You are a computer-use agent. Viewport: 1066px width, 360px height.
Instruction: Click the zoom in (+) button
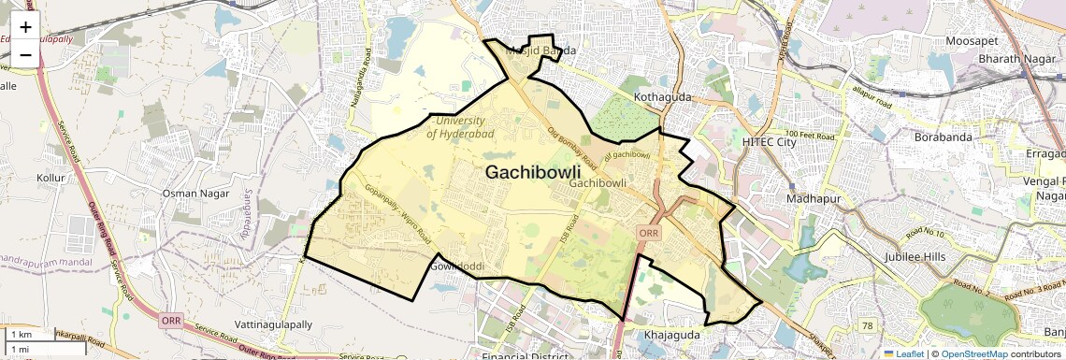click(25, 26)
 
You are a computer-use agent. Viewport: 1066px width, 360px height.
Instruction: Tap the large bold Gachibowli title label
click(533, 173)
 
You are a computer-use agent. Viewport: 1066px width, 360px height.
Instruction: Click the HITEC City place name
click(768, 141)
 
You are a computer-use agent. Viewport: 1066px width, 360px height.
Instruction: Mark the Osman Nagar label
click(194, 193)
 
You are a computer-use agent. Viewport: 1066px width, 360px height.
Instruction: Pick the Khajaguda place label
click(673, 334)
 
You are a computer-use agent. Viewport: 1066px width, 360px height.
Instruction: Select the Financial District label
click(524, 356)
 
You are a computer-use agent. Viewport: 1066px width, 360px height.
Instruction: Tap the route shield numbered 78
click(868, 324)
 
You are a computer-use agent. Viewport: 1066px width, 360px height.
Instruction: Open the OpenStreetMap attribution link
click(973, 353)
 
